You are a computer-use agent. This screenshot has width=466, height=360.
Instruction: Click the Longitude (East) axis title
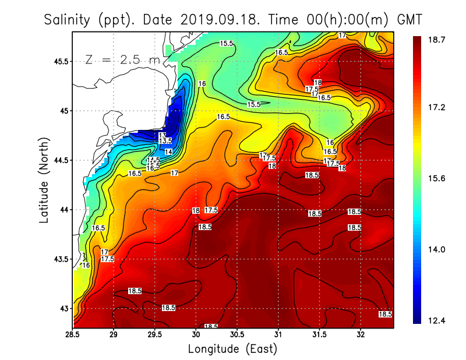tap(232, 348)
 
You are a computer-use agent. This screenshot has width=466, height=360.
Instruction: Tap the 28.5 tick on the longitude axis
tap(73, 335)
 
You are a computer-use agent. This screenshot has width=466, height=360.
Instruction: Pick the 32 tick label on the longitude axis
tap(361, 335)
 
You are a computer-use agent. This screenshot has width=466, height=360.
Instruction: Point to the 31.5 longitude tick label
tap(320, 335)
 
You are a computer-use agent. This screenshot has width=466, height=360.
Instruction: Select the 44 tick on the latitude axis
tap(63, 210)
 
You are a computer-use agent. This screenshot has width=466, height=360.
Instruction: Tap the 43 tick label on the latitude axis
tap(63, 308)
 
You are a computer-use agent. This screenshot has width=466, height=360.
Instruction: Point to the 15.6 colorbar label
tap(436, 178)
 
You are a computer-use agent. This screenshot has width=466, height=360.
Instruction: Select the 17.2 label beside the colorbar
tap(436, 108)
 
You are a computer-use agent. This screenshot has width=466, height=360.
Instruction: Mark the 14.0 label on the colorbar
tap(436, 249)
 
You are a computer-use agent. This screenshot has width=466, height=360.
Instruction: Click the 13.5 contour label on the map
tap(165, 142)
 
